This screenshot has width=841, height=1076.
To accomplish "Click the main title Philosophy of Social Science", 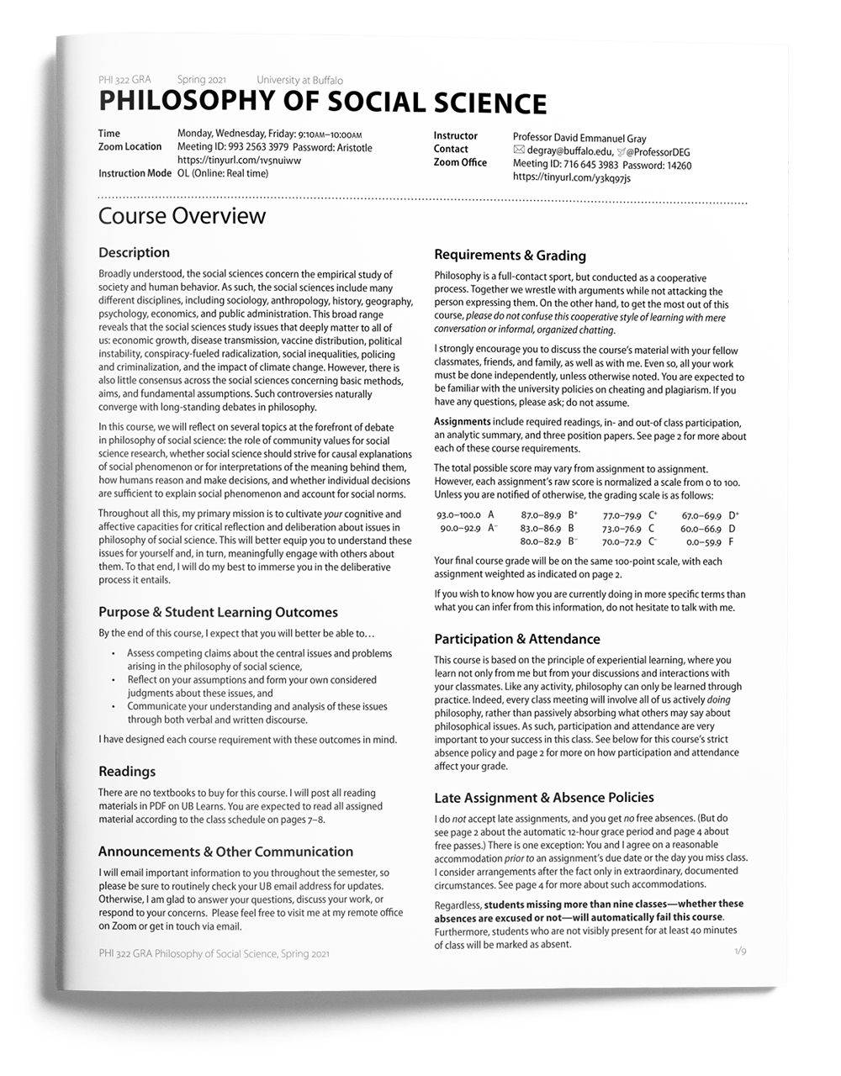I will click(x=322, y=102).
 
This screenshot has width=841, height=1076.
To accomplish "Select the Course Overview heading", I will click(x=182, y=216).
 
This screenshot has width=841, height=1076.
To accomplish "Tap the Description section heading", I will click(x=134, y=252).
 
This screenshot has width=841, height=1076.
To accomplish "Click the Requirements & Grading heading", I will click(x=510, y=255).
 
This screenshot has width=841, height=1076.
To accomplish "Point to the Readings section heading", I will click(x=127, y=771).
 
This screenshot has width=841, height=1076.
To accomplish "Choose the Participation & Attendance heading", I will click(x=516, y=639).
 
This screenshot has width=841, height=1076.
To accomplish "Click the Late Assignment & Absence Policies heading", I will click(x=543, y=797).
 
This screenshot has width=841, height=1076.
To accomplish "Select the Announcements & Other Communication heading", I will click(x=225, y=852).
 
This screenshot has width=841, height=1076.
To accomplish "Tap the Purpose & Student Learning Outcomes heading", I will click(x=218, y=612).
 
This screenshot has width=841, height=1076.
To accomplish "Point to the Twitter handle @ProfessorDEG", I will click(x=659, y=152).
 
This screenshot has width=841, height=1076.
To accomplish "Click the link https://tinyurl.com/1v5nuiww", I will click(x=239, y=161).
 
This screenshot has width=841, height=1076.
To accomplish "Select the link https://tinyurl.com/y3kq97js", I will click(x=571, y=178).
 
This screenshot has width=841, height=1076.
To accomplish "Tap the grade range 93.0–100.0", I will click(x=458, y=514).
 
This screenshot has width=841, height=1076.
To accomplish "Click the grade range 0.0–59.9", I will click(x=703, y=542).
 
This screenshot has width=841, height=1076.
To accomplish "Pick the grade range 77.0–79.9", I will click(x=621, y=515).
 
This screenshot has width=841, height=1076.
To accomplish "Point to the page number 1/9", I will click(x=740, y=951).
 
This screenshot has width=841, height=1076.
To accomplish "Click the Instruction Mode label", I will click(x=135, y=173).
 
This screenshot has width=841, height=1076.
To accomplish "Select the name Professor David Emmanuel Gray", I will click(x=579, y=138).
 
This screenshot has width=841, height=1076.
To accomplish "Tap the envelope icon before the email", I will click(x=518, y=151).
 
